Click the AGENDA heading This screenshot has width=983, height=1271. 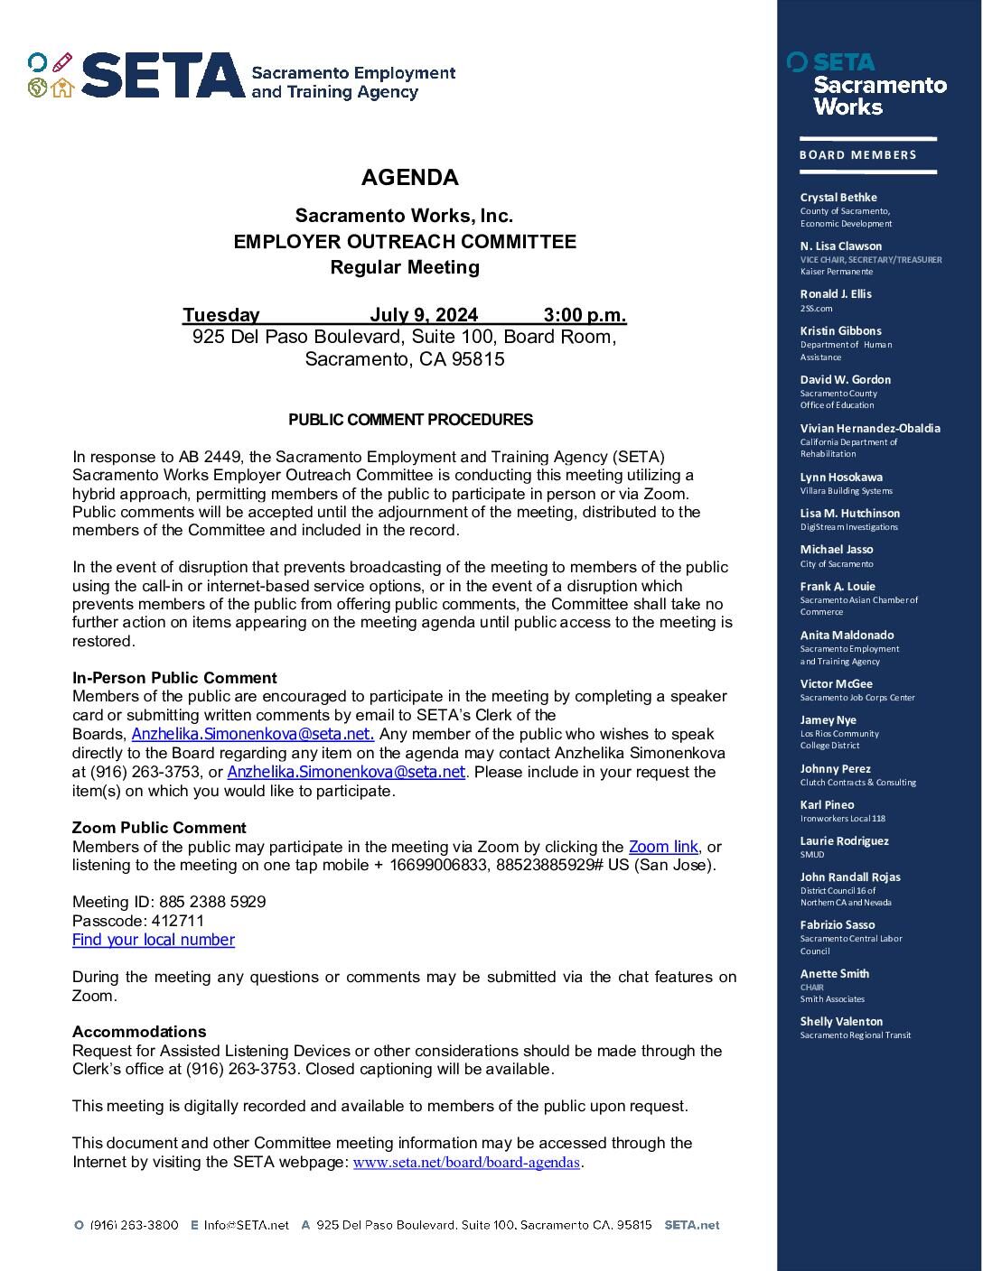pyautogui.click(x=409, y=178)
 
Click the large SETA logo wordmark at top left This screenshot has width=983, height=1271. pyautogui.click(x=163, y=76)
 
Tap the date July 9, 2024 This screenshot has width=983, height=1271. pyautogui.click(x=423, y=315)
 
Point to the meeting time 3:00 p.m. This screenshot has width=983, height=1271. pyautogui.click(x=585, y=315)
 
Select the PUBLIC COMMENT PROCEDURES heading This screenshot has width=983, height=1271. pyautogui.click(x=410, y=420)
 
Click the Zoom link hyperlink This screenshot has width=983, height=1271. pyautogui.click(x=663, y=847)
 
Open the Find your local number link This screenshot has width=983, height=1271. pyautogui.click(x=154, y=940)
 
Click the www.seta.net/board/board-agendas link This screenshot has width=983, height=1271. pyautogui.click(x=466, y=1163)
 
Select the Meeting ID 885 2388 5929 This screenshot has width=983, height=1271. pyautogui.click(x=212, y=902)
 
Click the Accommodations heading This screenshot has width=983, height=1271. pyautogui.click(x=139, y=1032)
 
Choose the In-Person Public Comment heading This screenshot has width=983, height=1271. pyautogui.click(x=174, y=678)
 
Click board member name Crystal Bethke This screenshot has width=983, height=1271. pyautogui.click(x=838, y=198)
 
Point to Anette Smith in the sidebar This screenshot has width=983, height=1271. pyautogui.click(x=835, y=974)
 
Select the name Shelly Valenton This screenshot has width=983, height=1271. pyautogui.click(x=841, y=1022)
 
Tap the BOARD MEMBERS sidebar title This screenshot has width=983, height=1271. pyautogui.click(x=857, y=155)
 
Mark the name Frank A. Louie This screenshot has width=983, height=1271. pyautogui.click(x=838, y=587)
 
